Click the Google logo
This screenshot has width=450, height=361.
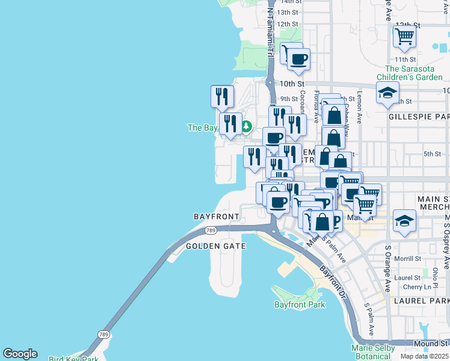[x=20, y=354]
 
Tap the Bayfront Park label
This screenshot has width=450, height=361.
[x=300, y=304]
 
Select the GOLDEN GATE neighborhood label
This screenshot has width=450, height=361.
[x=215, y=246]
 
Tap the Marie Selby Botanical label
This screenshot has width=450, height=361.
[x=374, y=352]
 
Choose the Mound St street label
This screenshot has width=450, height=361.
[x=427, y=344]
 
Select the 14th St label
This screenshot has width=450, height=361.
[x=288, y=2]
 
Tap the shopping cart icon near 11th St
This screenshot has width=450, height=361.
[x=405, y=36]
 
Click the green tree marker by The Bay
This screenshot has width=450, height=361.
[x=247, y=126]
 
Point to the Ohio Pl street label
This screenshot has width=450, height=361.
[x=435, y=274]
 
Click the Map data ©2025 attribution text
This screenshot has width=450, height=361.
[x=424, y=356]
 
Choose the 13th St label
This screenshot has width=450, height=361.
[x=288, y=12]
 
